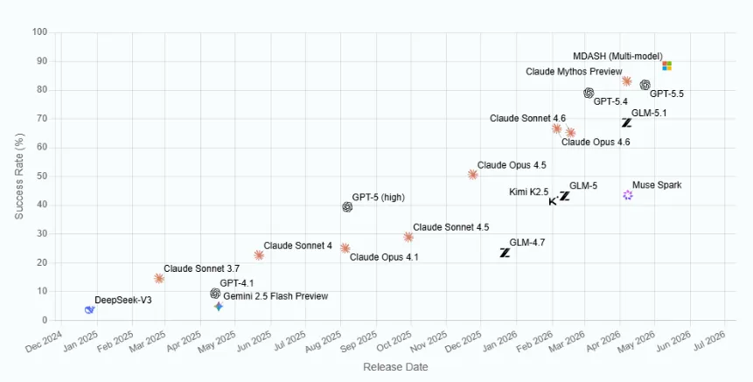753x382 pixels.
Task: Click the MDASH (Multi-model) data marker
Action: (x=666, y=66)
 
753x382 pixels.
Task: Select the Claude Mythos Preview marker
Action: (x=626, y=81)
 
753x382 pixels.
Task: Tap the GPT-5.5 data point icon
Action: (x=645, y=85)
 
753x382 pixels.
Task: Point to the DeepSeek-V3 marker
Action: (x=89, y=310)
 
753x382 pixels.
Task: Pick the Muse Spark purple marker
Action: (x=628, y=195)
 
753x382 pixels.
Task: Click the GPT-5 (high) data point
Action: (x=347, y=207)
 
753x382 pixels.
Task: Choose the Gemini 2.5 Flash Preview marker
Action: (x=219, y=306)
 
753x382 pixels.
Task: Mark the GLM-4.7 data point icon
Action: (x=505, y=253)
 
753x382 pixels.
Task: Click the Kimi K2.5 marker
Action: (x=554, y=201)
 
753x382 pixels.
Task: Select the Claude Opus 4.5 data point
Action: (x=472, y=175)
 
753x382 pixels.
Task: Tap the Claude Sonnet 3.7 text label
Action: (x=202, y=268)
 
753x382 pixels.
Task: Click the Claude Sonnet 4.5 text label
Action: (x=451, y=227)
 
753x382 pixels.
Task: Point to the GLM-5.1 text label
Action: (x=649, y=114)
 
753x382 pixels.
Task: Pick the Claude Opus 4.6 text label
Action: (x=596, y=142)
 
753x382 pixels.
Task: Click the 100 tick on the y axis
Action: (x=40, y=32)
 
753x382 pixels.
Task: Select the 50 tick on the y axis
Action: (x=42, y=176)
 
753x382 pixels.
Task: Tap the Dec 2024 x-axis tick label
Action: (x=45, y=341)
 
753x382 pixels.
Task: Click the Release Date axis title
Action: (x=395, y=367)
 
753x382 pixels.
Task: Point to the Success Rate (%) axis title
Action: (x=19, y=176)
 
